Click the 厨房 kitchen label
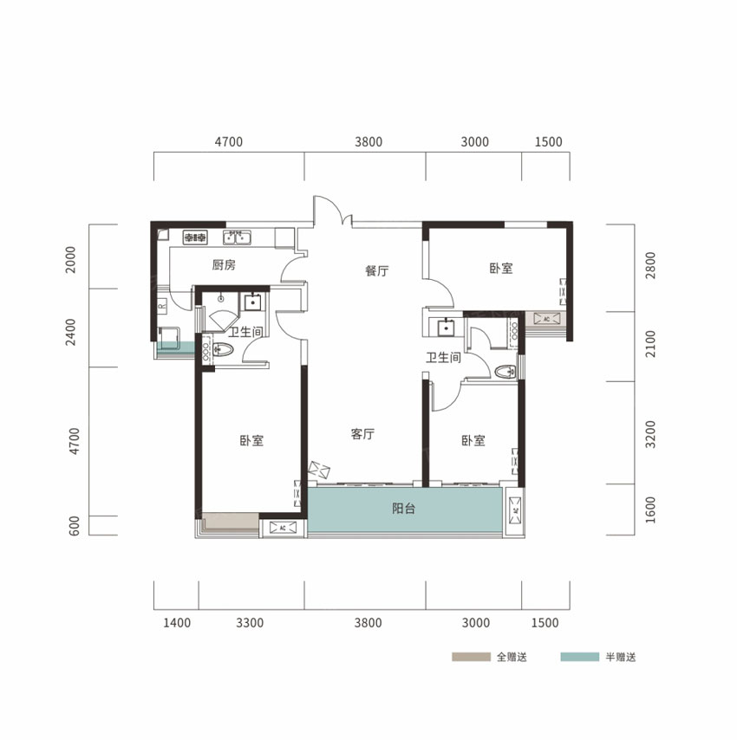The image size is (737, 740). tap(224, 265)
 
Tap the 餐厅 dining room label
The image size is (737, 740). tap(377, 270)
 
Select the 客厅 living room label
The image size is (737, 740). tap(362, 434)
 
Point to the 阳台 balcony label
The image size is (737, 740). tap(404, 509)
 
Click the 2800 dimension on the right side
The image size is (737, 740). tap(650, 265)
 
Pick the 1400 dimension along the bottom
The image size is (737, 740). tap(177, 623)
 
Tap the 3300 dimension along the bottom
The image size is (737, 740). tap(250, 623)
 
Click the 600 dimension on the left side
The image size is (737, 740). tap(74, 526)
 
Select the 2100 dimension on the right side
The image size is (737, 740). tap(650, 343)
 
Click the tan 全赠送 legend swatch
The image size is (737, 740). tap(471, 657)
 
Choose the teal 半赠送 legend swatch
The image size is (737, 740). tap(580, 657)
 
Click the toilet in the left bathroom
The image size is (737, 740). tap(222, 350)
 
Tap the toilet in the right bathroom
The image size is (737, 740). tap(505, 372)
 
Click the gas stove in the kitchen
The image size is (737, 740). tap(195, 237)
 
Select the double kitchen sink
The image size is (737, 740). tap(237, 237)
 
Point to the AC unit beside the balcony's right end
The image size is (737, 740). tap(515, 510)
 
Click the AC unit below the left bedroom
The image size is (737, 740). tap(283, 528)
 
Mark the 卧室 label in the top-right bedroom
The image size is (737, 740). tap(501, 268)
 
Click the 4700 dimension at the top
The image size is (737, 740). tap(229, 141)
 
